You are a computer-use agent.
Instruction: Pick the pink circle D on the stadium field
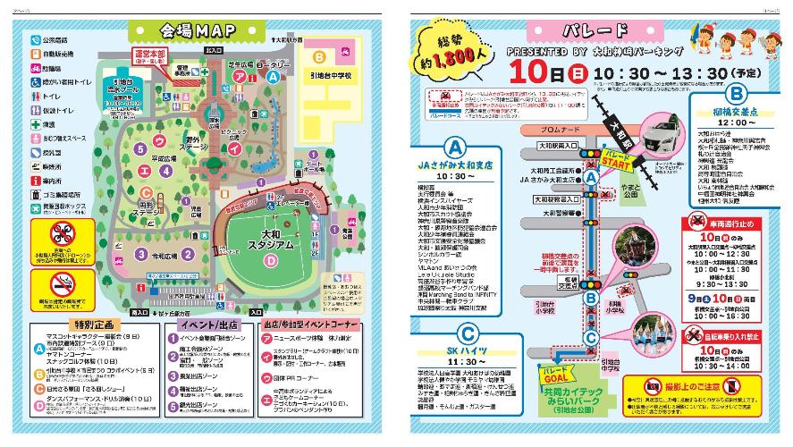pyautogui.click(x=270, y=260)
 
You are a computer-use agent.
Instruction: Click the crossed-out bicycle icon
pyautogui.click(x=695, y=337)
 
